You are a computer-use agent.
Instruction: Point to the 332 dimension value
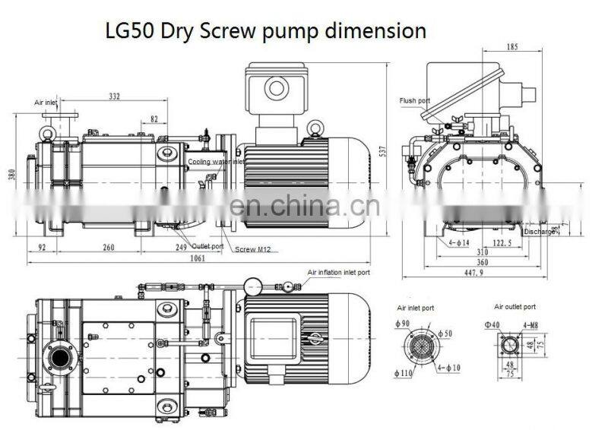[114, 96]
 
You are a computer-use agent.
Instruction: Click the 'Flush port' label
[415, 100]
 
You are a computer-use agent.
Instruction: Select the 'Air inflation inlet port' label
[338, 271]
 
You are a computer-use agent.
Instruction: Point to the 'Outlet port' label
[207, 246]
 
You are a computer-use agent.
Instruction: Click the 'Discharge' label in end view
[540, 232]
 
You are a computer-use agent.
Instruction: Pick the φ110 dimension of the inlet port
[404, 373]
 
